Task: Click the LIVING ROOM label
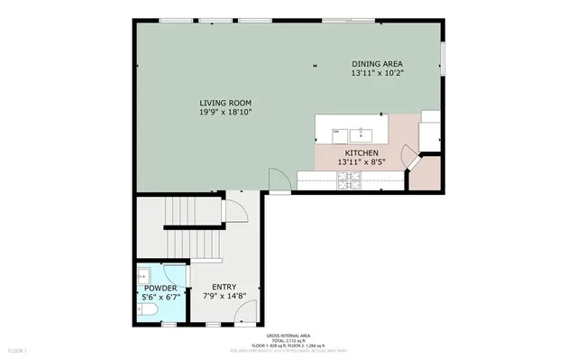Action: (x=224, y=103)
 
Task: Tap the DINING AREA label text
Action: (x=378, y=64)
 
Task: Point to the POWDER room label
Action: (x=161, y=288)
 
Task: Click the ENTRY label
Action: (x=224, y=287)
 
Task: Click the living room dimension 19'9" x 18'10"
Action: (x=224, y=113)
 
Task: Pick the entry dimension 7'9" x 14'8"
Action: (x=224, y=296)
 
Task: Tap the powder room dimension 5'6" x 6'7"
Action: (x=161, y=297)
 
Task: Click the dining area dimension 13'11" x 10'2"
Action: (x=378, y=73)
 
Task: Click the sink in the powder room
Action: (x=143, y=272)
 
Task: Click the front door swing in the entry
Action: (x=243, y=313)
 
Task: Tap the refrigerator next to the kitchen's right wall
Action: (x=431, y=130)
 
